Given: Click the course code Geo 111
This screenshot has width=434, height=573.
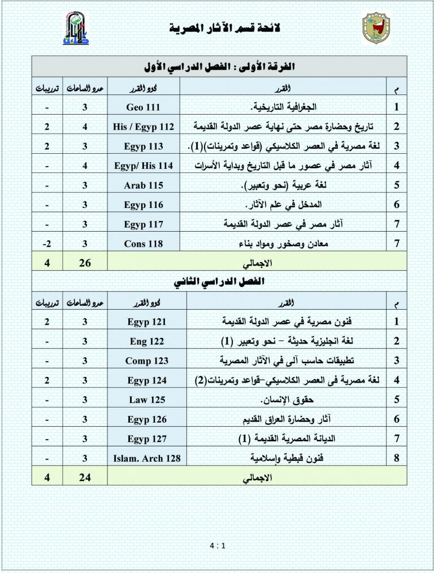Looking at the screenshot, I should pos(143,107).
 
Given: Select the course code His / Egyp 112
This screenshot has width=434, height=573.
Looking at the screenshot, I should pos(143,127).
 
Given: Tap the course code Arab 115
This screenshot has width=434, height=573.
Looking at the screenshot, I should pos(143,185).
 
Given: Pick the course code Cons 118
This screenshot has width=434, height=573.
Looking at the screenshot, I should pos(143,244).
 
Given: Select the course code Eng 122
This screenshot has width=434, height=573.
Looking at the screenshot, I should pos(143,341).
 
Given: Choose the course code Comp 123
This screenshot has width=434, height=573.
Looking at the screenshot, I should pos(143,361).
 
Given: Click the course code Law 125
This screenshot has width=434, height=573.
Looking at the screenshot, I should pos(143,400).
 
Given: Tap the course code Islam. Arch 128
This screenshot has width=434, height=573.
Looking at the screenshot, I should pos(143,458).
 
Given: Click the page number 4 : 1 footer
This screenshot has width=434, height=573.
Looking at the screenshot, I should pos(217,546).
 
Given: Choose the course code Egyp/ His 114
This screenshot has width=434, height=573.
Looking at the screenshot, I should pos(143,166).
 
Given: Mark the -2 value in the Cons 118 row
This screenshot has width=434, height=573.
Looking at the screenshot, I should pos(47,244).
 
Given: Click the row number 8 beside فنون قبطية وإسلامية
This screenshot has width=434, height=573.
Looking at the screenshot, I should pos(397,458).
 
